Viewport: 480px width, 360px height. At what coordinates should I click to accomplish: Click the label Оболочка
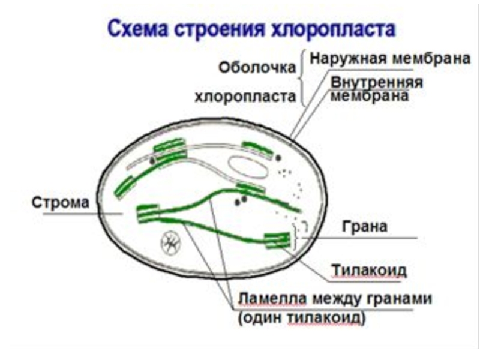[258, 67]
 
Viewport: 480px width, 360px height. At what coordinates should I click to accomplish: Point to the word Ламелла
[268, 298]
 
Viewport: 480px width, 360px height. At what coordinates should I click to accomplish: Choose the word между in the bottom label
[331, 298]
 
